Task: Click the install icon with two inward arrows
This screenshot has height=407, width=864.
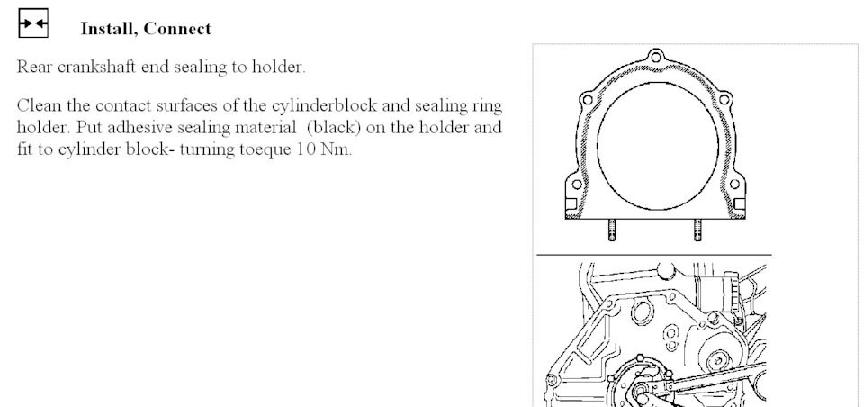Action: pos(33,23)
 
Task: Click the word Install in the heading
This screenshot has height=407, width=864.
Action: pos(106,29)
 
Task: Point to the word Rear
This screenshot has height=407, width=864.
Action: pos(35,67)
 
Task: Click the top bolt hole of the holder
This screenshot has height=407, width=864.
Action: pos(656,57)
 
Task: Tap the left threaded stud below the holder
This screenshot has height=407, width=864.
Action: pos(612,230)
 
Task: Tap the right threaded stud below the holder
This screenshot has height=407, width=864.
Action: pos(697,230)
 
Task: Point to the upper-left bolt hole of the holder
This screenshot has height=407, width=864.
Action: pos(588,100)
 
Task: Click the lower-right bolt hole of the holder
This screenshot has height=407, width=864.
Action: pos(734,185)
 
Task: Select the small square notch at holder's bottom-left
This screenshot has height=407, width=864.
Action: pos(571,204)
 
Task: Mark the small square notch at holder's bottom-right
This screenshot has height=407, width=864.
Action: pos(740,204)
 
